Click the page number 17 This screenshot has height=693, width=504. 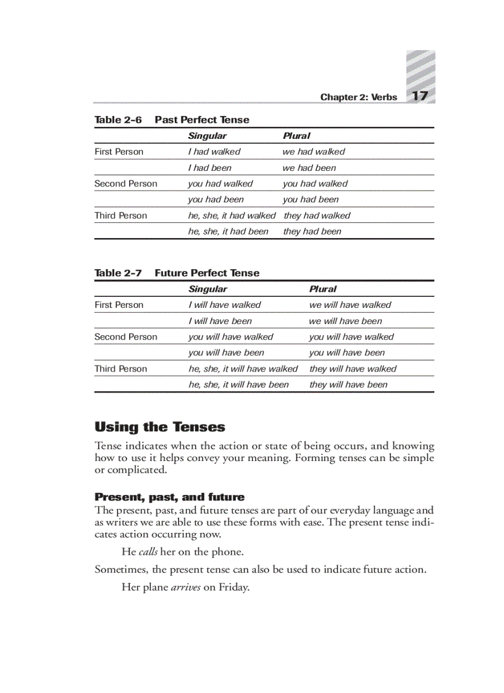coord(420,96)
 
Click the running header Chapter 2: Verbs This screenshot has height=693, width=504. coord(358,98)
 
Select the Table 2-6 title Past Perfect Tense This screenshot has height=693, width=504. coord(202,120)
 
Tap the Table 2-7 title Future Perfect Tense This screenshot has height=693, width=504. coord(207,273)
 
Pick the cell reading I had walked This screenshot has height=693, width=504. coord(214,152)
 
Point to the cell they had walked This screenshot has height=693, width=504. coord(317,216)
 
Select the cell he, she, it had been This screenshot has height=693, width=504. coord(229,232)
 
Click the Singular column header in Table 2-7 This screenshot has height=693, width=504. coord(208,289)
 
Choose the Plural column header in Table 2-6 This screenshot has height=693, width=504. coord(296,136)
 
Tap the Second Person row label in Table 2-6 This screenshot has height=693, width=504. coord(126,184)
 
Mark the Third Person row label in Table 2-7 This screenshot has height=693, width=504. coord(121,369)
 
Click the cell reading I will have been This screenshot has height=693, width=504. coord(220,321)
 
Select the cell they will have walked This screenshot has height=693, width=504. coord(353,369)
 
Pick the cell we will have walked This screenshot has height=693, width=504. coord(350,305)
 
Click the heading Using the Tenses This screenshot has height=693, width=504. coord(160,427)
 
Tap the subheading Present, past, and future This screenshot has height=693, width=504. coord(169,497)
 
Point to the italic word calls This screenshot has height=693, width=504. coord(148,552)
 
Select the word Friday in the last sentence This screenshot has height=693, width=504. coord(233,587)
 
